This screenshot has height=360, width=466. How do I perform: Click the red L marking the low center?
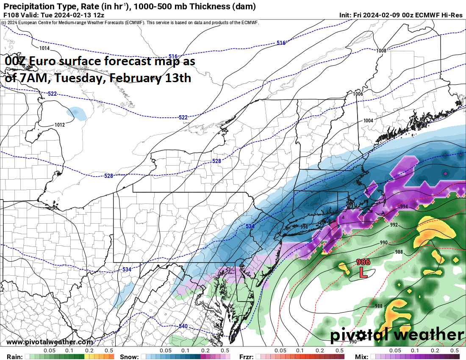[363, 272]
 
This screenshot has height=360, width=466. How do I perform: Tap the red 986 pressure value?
[363, 262]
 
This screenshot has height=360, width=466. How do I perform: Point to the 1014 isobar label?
[44, 48]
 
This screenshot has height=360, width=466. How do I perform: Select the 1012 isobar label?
[60, 125]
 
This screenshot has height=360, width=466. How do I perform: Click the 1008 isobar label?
[381, 51]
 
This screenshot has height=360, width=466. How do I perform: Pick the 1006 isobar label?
[358, 94]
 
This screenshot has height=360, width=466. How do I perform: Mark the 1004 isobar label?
[368, 121]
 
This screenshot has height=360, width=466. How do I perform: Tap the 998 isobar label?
[304, 227]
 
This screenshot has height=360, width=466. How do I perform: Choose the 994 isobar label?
[404, 207]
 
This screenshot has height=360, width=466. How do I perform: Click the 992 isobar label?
[394, 225]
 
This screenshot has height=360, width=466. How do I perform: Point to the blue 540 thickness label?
[183, 326]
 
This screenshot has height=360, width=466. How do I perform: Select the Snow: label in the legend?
[129, 357]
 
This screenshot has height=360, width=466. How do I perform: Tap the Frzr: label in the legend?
[247, 357]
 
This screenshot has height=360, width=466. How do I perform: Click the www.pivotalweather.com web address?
[50, 342]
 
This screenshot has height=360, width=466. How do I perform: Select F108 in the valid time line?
[11, 15]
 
